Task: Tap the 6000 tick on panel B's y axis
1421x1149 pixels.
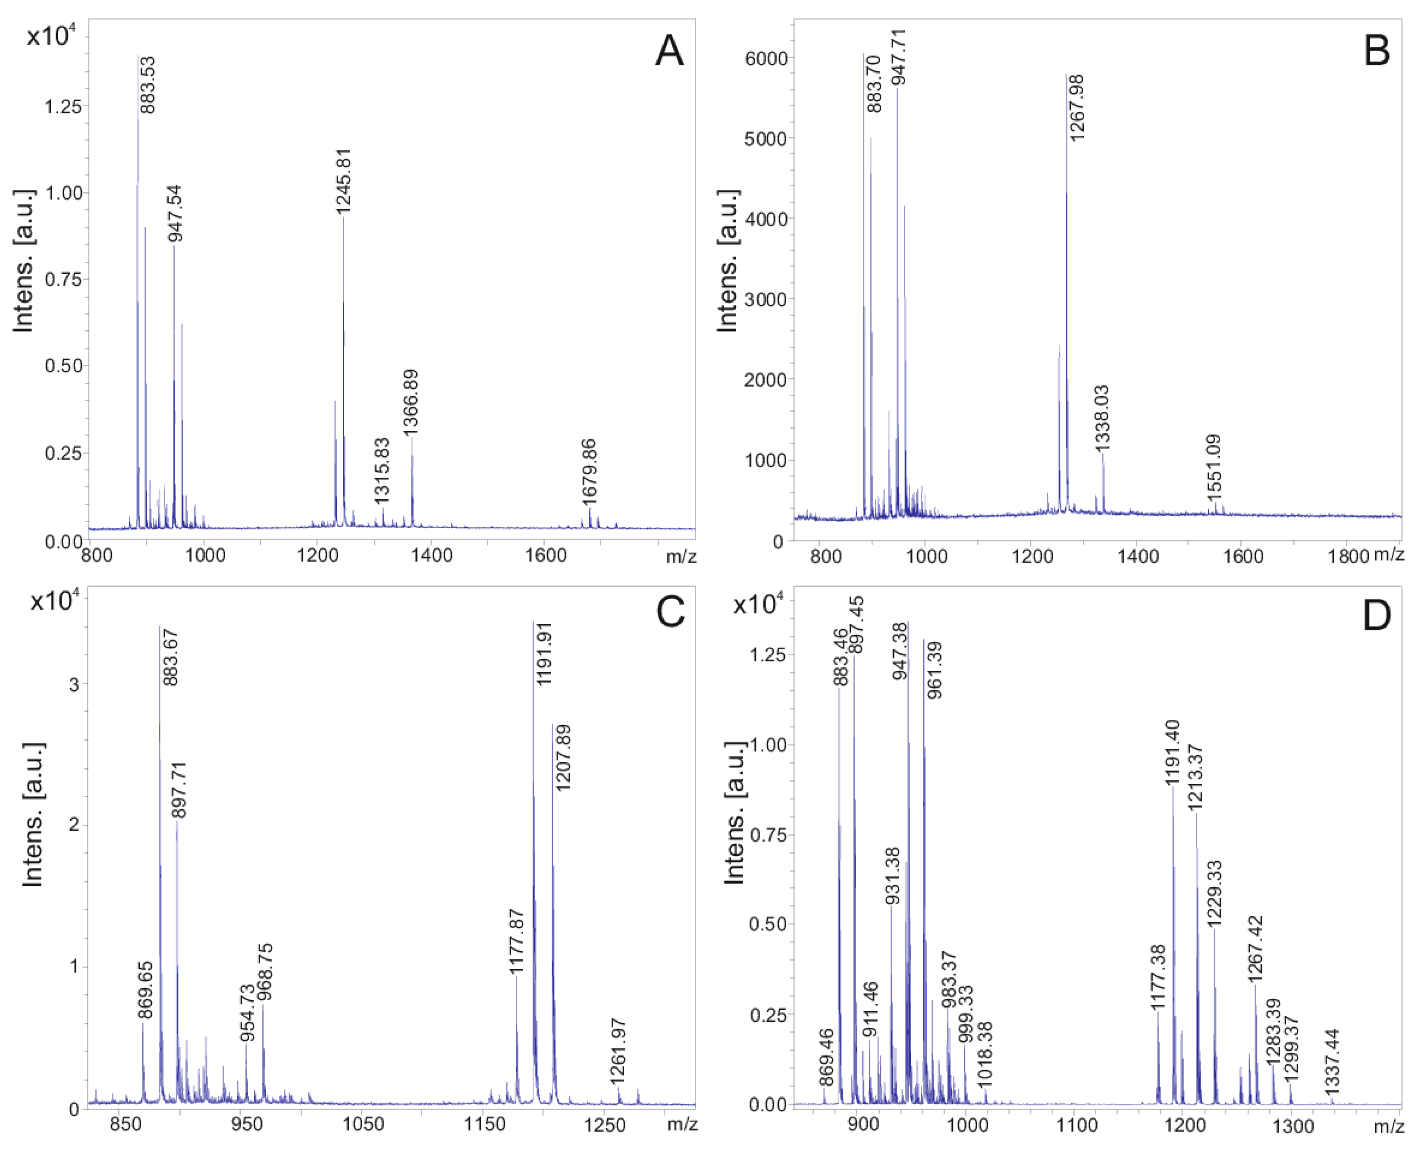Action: (x=766, y=58)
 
